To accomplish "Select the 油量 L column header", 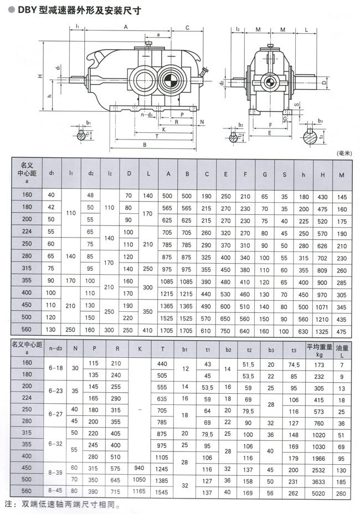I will coord(342,348).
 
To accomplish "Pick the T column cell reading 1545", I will coord(162,491).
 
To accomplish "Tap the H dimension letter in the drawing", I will coord(40,76).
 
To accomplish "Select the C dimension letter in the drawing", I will coord(188,27).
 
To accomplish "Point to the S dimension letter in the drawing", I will coord(296,105).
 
